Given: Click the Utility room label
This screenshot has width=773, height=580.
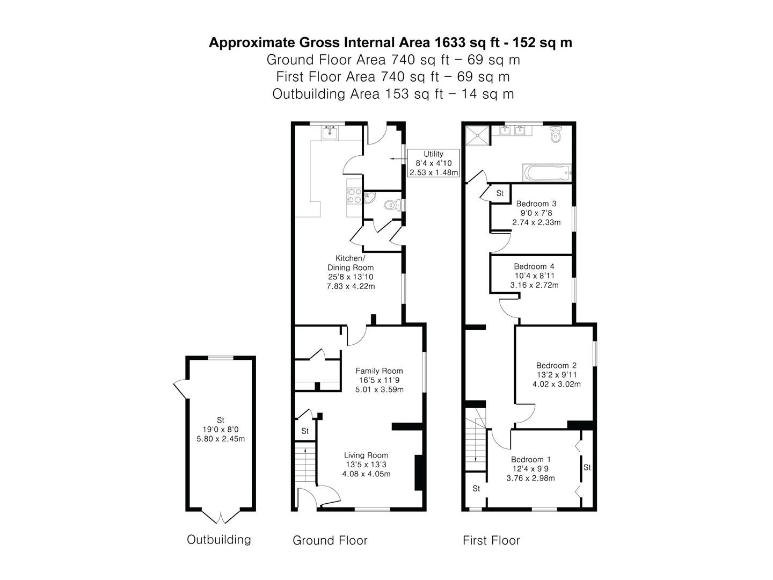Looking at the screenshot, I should click(x=433, y=154).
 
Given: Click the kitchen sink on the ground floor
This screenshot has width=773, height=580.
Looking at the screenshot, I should click(x=330, y=132).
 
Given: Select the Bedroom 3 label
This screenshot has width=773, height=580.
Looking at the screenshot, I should click(x=536, y=204).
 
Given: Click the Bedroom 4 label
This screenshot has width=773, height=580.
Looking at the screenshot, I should click(x=534, y=266).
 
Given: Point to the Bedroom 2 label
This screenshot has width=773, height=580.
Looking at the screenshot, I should click(x=556, y=366).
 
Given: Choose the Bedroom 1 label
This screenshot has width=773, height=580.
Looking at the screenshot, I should click(x=530, y=460).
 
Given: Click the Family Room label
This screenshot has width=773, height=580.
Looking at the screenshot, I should click(x=379, y=371).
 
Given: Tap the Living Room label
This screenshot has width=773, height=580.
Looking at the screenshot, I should click(x=366, y=455).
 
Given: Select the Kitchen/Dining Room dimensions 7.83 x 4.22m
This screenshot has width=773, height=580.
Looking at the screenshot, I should click(x=351, y=286).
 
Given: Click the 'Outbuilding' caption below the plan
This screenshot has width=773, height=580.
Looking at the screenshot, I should click(x=218, y=540).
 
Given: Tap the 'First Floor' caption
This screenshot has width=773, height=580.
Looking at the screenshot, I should click(x=491, y=540).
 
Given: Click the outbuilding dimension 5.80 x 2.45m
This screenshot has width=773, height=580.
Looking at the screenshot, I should click(x=221, y=439).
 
